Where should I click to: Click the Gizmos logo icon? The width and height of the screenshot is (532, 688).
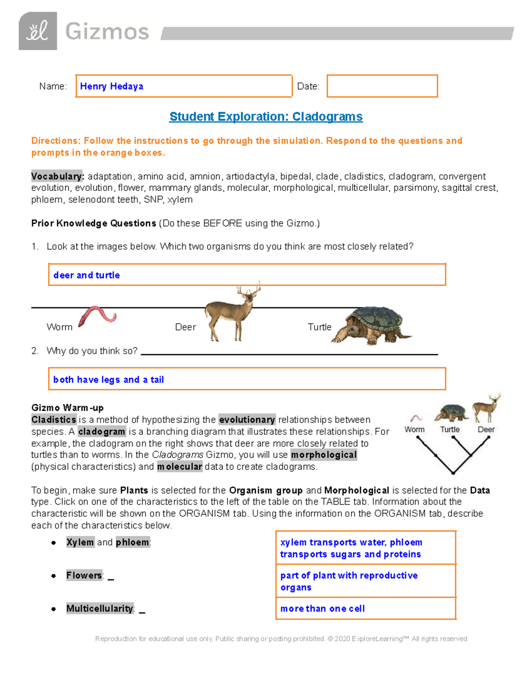(38, 31)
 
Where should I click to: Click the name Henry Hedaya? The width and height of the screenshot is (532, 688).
(112, 86)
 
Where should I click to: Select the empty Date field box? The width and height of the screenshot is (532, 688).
(382, 86)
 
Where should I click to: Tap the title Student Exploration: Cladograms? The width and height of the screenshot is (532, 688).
(266, 117)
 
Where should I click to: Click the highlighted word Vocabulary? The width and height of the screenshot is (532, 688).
(57, 176)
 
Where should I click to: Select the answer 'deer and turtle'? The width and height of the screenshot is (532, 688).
(86, 275)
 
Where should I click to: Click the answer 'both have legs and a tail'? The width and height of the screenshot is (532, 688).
(109, 380)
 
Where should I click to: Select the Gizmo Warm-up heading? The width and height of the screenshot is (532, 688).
(67, 408)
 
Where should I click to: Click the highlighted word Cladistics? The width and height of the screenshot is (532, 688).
(54, 420)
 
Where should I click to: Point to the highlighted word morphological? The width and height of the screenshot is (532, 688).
(324, 455)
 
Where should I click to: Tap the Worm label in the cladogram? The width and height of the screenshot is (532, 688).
(415, 429)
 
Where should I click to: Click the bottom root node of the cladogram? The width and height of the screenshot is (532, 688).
(453, 473)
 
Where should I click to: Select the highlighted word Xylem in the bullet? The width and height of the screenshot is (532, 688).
(80, 542)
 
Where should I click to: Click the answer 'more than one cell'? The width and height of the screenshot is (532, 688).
(322, 609)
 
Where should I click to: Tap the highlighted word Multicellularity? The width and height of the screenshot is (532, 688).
(100, 609)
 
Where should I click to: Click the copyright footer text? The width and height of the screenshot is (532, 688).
(281, 639)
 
